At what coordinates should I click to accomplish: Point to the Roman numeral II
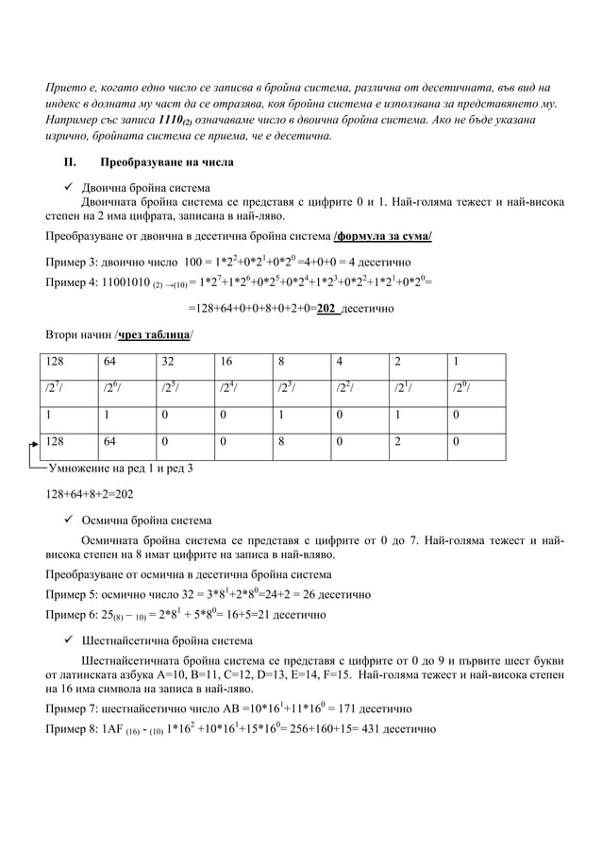tap(70, 162)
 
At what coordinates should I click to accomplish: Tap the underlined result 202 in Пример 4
tap(328, 309)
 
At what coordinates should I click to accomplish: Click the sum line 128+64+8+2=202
tap(90, 493)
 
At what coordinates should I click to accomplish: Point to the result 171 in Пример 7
tap(356, 707)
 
